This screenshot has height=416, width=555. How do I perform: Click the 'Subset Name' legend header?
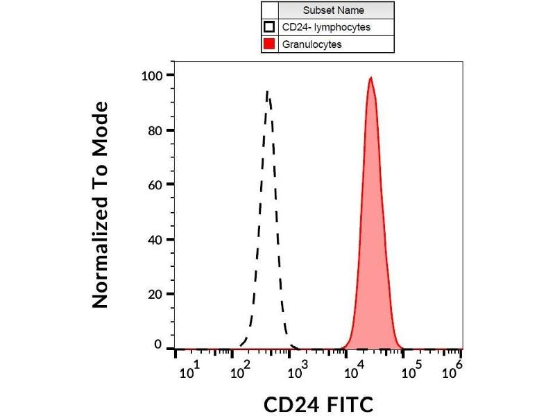click(333, 10)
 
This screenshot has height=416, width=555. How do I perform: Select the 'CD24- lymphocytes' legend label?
click(325, 28)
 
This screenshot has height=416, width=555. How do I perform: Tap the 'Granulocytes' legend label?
click(311, 44)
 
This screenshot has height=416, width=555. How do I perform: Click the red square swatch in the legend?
click(270, 44)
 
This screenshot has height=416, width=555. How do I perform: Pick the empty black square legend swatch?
click(270, 28)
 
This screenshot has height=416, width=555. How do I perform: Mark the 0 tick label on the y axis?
click(158, 345)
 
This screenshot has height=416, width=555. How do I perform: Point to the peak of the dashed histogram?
click(267, 91)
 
